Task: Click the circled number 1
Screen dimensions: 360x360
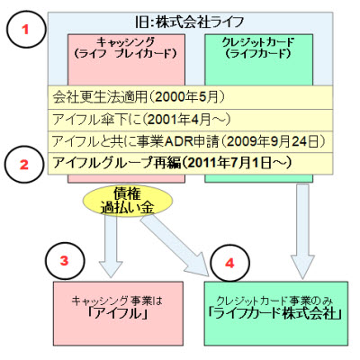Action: point(25,30)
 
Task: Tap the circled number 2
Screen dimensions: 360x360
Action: point(24,165)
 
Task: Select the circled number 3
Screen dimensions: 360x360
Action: point(64,261)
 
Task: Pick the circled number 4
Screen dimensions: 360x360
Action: point(229,263)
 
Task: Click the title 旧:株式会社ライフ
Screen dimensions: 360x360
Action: point(190,22)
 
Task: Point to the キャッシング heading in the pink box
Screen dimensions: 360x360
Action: point(126,41)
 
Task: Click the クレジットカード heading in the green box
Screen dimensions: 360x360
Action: point(258,41)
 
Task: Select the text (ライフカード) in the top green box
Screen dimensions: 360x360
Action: point(258,54)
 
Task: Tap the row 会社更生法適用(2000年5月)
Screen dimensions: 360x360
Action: point(139,97)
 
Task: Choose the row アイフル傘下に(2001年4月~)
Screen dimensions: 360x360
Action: point(141,120)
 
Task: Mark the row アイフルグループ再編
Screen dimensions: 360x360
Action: point(117,164)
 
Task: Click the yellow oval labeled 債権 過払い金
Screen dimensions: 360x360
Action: point(128,201)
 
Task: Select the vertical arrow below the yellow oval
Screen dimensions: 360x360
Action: point(111,244)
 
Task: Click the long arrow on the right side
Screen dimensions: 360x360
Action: point(302,231)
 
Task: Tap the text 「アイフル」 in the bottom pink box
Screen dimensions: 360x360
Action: point(118,314)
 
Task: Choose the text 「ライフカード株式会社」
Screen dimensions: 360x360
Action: point(275,314)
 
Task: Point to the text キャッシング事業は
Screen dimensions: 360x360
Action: point(117,301)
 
